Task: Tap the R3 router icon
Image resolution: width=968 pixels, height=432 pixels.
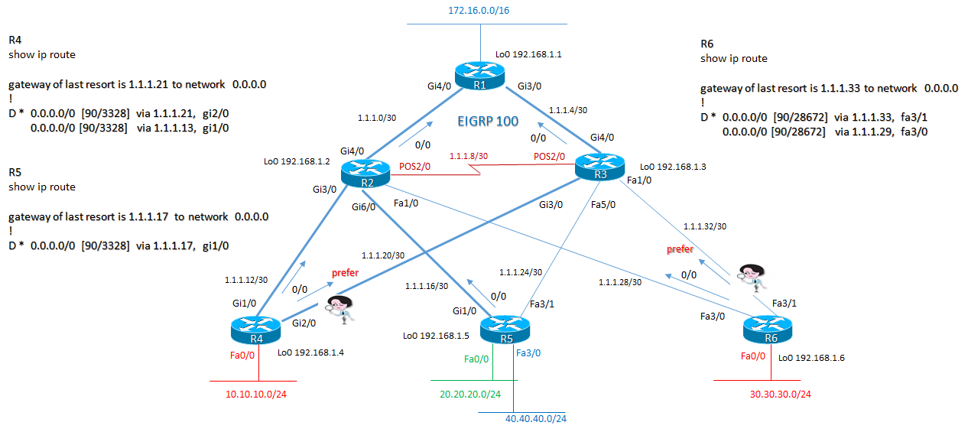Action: (x=599, y=166)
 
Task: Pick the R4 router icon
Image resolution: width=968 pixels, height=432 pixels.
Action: (x=256, y=330)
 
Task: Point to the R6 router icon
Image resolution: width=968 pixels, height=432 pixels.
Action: (x=769, y=330)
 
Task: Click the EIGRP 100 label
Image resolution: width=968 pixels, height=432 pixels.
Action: (x=487, y=121)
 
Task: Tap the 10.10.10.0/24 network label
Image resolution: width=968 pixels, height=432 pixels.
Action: (x=260, y=394)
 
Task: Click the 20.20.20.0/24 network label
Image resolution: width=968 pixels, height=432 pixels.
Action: (x=469, y=394)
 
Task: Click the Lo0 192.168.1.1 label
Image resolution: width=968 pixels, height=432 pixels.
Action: (x=528, y=54)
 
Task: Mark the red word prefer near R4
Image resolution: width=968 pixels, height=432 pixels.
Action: (x=345, y=272)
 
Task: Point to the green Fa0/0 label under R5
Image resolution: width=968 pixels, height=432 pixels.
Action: (x=476, y=358)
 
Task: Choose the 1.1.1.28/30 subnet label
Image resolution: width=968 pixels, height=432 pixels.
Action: (x=620, y=282)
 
